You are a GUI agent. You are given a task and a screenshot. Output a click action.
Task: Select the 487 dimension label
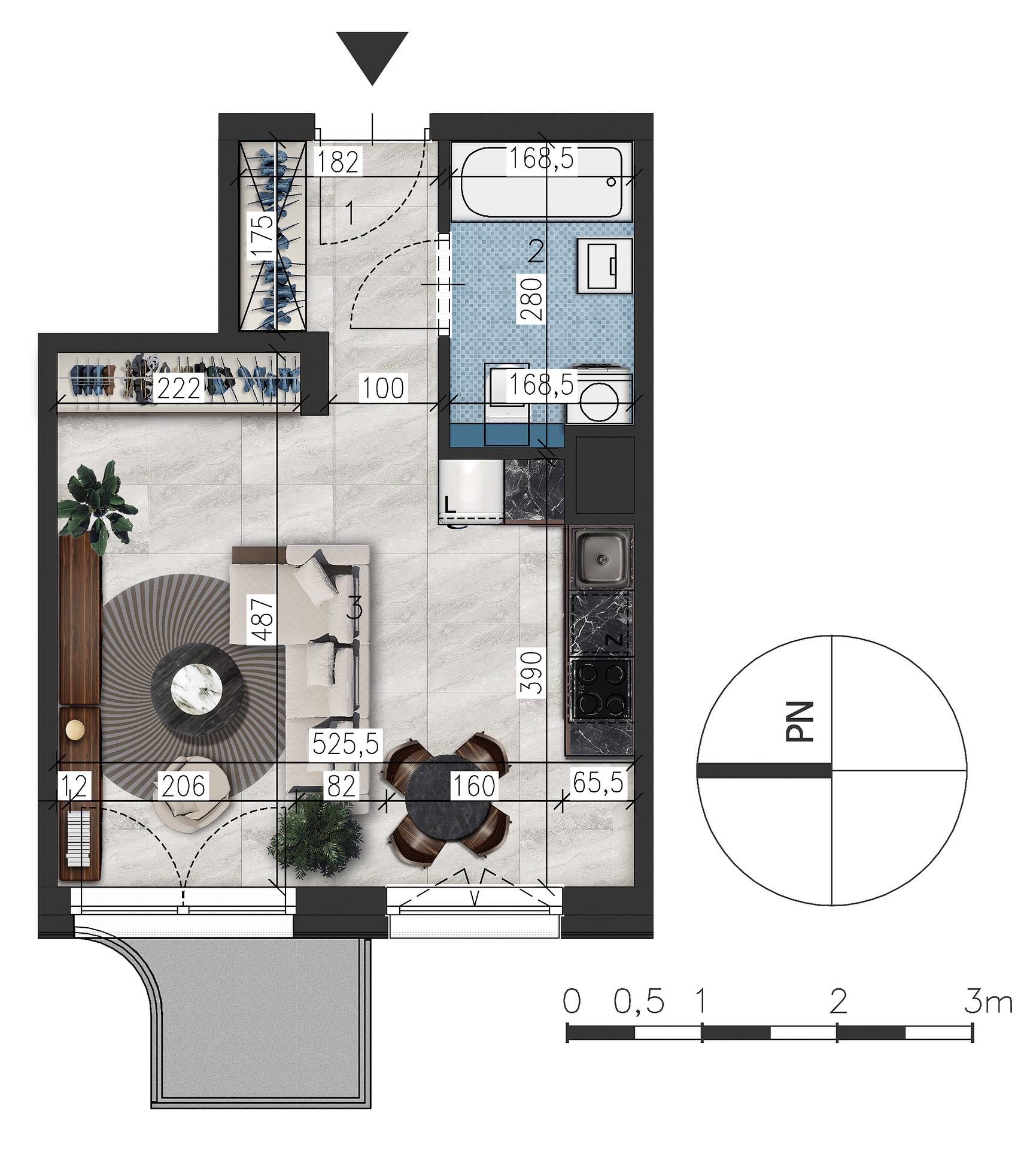pos(263,618)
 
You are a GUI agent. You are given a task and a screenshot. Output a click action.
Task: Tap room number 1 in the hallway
pos(350,214)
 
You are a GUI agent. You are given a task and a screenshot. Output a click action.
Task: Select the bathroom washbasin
pos(604,265)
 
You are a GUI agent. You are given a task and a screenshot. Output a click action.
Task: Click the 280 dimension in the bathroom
pos(531,299)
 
